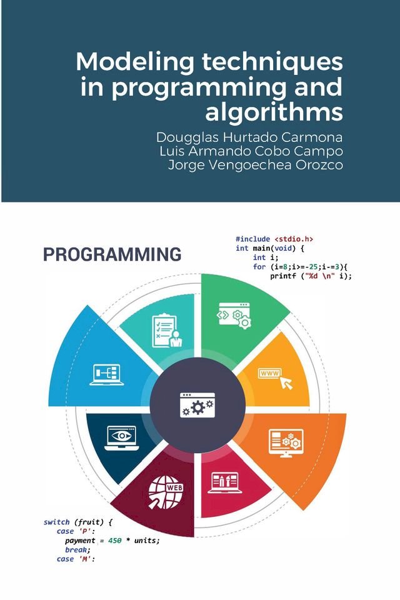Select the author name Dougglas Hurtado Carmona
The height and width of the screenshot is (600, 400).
(x=249, y=137)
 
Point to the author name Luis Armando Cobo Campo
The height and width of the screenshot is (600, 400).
(x=252, y=151)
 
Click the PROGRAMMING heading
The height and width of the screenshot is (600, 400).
(x=112, y=255)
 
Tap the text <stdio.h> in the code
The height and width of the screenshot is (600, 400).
(x=294, y=239)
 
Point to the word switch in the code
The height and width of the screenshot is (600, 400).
(x=57, y=522)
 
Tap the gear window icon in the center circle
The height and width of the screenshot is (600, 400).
(x=197, y=404)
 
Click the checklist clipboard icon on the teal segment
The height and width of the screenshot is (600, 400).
(x=166, y=329)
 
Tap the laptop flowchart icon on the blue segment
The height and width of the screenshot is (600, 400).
(x=107, y=374)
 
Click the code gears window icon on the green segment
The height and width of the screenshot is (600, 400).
(x=234, y=316)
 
